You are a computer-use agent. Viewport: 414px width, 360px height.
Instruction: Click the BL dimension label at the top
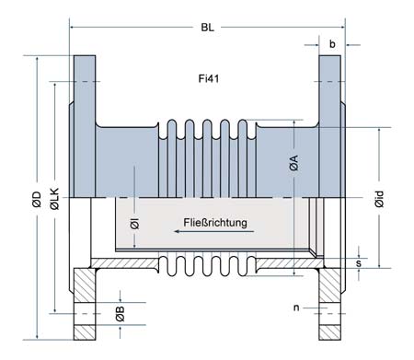point(208,29)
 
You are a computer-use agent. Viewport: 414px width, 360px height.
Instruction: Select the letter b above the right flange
point(332,43)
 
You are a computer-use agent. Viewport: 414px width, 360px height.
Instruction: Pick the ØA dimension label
point(293,165)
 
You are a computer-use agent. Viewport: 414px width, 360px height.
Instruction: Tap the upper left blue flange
point(82,92)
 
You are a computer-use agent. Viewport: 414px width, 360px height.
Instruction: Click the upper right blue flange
point(332,92)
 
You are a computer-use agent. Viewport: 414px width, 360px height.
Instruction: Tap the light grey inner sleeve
point(166,226)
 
